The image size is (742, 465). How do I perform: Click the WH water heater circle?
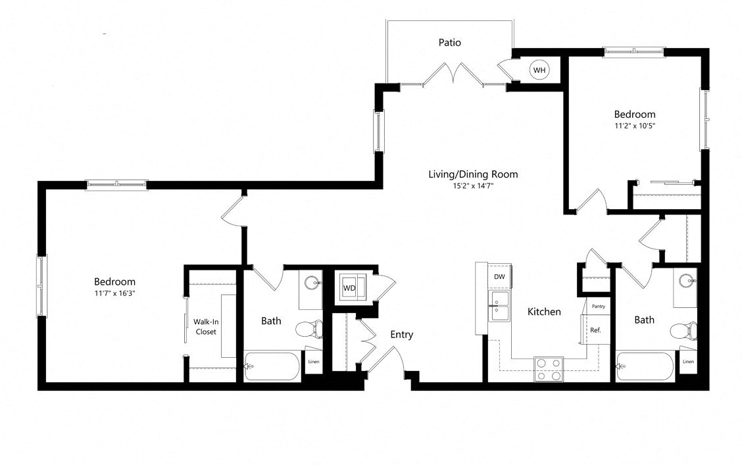(x=539, y=70)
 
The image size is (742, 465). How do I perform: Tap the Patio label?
(x=450, y=43)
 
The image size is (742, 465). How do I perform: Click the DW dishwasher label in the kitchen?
(x=500, y=277)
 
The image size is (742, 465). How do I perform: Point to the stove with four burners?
(x=548, y=369)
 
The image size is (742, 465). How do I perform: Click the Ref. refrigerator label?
(x=595, y=330)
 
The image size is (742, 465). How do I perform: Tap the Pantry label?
(x=598, y=306)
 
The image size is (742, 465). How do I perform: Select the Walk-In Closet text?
(x=205, y=326)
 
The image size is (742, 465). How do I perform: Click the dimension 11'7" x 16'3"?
(x=114, y=293)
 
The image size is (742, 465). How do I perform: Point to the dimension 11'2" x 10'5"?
(x=635, y=125)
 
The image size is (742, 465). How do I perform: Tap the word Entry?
(x=401, y=335)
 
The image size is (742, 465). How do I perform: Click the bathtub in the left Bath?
(x=273, y=367)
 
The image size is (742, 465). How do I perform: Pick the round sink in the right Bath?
(x=687, y=280)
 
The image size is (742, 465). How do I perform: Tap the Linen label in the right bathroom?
(x=688, y=362)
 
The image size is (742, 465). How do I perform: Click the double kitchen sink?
(x=499, y=306)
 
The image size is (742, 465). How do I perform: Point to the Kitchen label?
(x=544, y=312)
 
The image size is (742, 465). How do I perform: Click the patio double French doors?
(x=453, y=74)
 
